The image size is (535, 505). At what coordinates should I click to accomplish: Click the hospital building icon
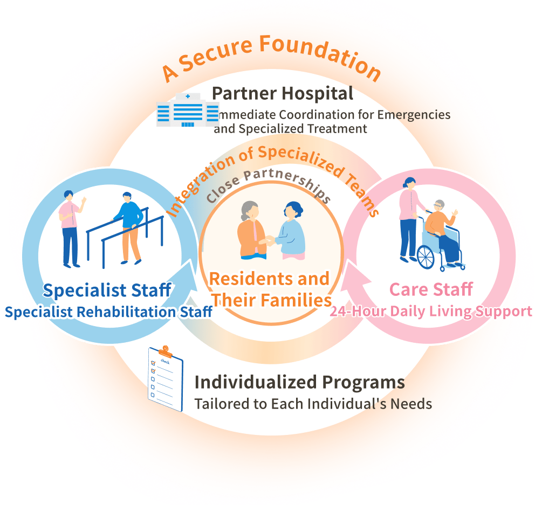[x=188, y=110]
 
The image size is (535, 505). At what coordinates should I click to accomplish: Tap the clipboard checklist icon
[x=166, y=378]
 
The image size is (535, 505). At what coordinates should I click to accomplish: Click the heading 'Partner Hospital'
[x=283, y=93]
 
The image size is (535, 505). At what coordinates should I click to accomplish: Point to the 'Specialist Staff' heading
[x=107, y=290]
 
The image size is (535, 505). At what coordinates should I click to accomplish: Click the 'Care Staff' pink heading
[x=431, y=289]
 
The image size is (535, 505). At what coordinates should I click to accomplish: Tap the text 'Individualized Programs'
[x=299, y=382]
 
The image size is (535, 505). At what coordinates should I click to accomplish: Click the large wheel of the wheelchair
[x=426, y=257]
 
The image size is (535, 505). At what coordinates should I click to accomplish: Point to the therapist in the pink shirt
[x=71, y=229]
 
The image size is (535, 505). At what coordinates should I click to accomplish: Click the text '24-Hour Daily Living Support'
[x=430, y=312]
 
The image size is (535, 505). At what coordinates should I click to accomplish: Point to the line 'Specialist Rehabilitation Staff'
[x=108, y=312]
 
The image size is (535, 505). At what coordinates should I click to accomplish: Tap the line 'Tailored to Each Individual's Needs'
[x=313, y=404]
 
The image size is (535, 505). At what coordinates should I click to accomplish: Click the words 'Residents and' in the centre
[x=269, y=279]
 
